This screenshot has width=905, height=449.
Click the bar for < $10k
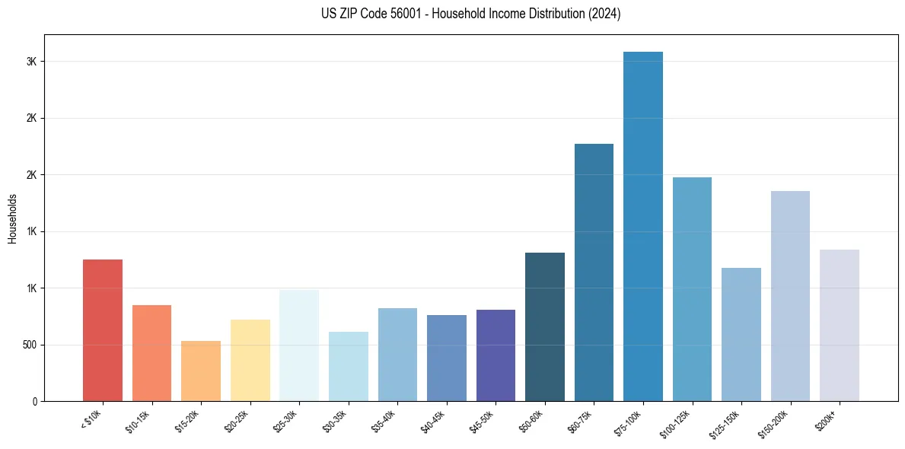click(x=103, y=330)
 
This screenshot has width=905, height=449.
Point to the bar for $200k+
click(x=840, y=325)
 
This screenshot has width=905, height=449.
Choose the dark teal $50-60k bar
click(x=545, y=326)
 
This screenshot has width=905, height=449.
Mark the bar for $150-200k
click(x=790, y=296)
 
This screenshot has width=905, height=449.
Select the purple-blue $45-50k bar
click(x=496, y=355)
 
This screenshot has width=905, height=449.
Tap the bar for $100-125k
click(x=692, y=289)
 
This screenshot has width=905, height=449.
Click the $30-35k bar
click(x=349, y=366)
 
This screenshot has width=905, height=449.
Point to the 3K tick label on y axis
click(x=31, y=62)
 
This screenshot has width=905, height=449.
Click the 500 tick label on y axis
click(x=28, y=345)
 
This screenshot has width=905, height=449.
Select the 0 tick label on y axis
click(x=34, y=401)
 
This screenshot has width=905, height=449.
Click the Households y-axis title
click(x=12, y=218)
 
